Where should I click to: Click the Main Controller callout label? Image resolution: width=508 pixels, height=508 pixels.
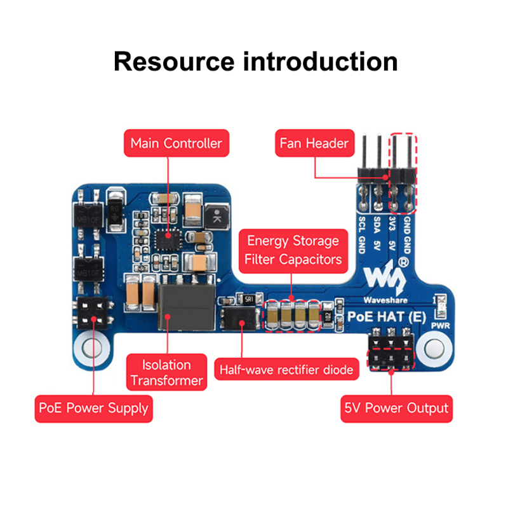click(x=176, y=143)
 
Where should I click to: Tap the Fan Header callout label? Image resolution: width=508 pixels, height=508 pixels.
click(x=314, y=144)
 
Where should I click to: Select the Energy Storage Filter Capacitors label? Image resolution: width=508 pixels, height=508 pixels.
click(x=293, y=250)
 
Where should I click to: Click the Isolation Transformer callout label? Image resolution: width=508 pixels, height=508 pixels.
click(x=167, y=373)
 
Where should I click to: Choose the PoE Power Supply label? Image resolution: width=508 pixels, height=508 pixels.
click(x=93, y=408)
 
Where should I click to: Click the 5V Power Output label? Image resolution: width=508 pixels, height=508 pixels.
click(x=396, y=408)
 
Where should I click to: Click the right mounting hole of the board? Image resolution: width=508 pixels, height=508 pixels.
click(x=433, y=349)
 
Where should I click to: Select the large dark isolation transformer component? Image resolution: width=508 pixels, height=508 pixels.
click(x=186, y=308)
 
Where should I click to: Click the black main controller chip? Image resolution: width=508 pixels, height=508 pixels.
click(x=168, y=239)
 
